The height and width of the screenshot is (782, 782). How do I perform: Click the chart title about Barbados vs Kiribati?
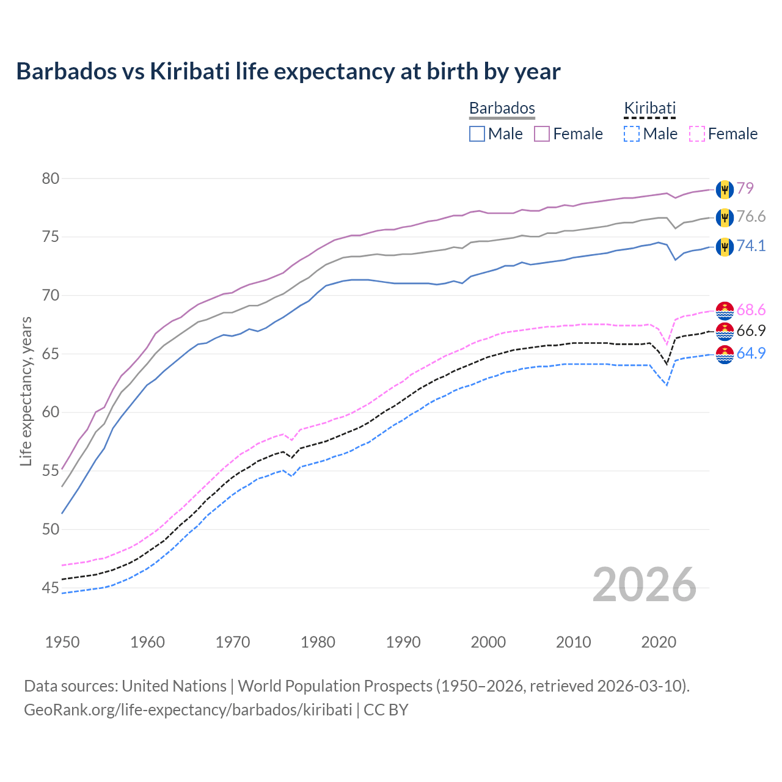point(288,71)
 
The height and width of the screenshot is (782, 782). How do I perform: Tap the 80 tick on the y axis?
point(51,178)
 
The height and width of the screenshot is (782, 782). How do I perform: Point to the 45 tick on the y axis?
point(51,588)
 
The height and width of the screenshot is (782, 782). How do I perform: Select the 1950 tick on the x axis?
point(62,642)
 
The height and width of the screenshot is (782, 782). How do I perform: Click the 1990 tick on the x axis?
point(403,642)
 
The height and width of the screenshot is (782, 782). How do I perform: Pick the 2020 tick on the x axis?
point(659,642)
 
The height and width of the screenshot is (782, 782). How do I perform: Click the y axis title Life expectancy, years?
point(26,391)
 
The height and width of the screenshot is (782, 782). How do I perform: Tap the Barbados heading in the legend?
point(502,108)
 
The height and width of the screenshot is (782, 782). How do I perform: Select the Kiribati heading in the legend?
point(649,108)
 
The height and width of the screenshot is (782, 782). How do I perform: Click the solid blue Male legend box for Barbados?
point(477,134)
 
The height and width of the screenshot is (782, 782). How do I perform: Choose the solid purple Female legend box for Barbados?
point(542,134)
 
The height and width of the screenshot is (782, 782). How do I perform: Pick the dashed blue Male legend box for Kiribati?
point(632,134)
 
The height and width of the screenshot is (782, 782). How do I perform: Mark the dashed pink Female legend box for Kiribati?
point(697,134)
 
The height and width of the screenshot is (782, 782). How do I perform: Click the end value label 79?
point(745,188)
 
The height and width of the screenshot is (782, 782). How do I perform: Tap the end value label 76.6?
point(751,217)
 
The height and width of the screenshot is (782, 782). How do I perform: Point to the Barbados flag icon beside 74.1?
point(725,246)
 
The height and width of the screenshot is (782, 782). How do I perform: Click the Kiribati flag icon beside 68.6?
point(725,310)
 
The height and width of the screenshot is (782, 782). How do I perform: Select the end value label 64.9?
point(751,354)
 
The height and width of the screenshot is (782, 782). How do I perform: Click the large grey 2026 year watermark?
point(645,585)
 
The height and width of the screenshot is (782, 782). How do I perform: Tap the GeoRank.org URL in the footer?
point(188,710)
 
